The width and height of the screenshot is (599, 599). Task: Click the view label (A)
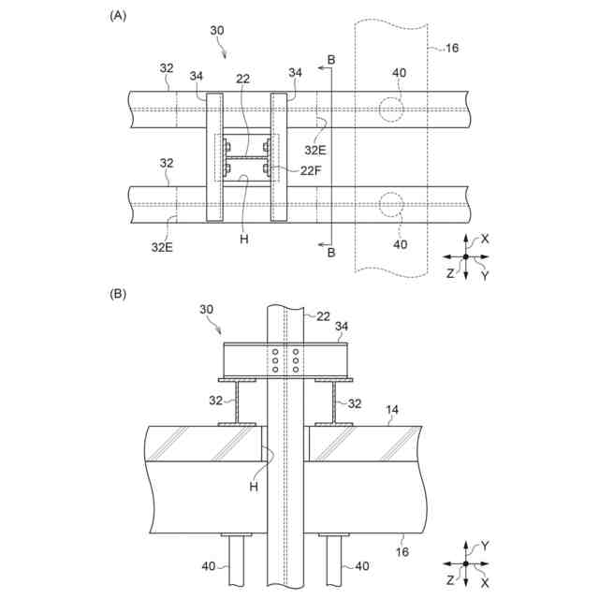point(118,15)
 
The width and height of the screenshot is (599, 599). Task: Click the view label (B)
point(118,293)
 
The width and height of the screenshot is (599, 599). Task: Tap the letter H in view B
point(254,486)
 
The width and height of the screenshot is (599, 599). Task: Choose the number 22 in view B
point(322,317)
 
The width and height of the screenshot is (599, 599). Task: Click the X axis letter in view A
point(485,239)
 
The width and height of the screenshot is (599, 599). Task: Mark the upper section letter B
point(330,60)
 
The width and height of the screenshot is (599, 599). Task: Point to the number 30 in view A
point(217,30)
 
